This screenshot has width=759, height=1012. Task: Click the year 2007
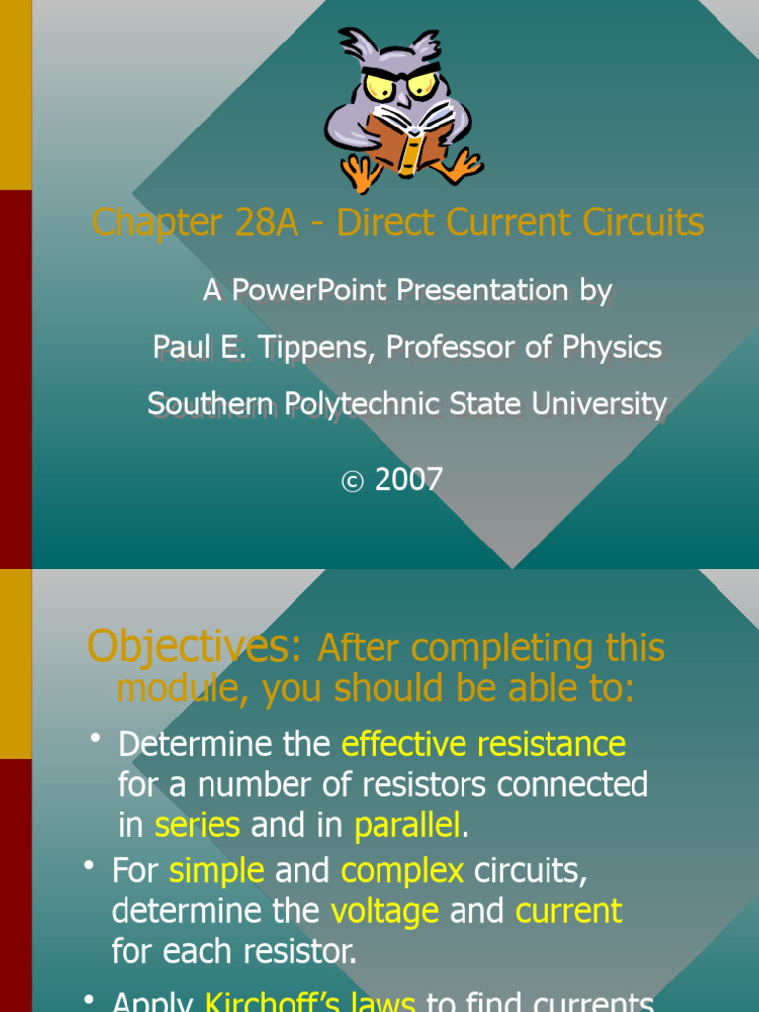408,480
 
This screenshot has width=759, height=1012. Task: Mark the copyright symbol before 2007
353,482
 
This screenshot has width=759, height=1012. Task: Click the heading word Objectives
194,647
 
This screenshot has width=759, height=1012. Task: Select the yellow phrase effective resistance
483,743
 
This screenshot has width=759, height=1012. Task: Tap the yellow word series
198,824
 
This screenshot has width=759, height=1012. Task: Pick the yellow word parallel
407,824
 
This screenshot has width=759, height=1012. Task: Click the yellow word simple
216,871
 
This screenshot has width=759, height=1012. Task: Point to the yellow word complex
402,871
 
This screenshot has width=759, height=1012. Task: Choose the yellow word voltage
384,911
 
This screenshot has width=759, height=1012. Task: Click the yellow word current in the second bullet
568,911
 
